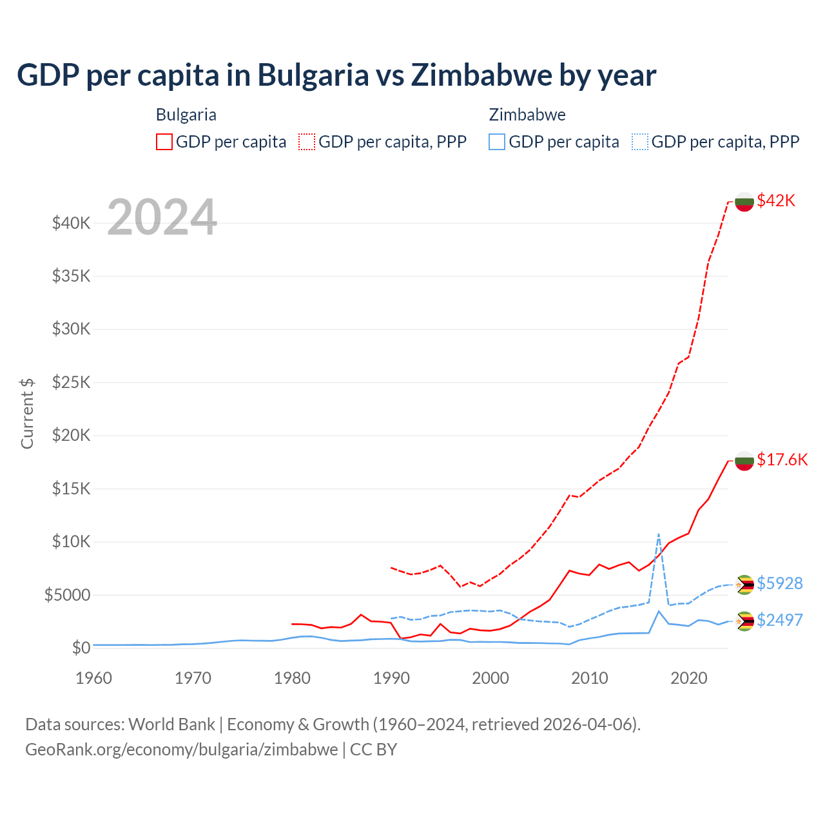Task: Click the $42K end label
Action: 776,200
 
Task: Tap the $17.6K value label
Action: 782,460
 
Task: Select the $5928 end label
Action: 779,583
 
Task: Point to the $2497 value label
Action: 779,620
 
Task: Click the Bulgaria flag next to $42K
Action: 744,202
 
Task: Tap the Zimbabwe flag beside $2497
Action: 744,621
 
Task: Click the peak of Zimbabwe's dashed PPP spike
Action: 658,534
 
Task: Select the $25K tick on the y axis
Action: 71,383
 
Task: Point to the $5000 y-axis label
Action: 67,595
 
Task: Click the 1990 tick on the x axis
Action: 391,678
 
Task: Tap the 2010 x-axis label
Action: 590,678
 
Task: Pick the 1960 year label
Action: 94,678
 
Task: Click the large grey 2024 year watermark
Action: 162,218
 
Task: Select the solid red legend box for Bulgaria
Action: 164,142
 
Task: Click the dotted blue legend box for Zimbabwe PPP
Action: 640,142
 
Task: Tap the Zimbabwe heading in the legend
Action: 527,115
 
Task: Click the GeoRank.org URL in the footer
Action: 181,750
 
